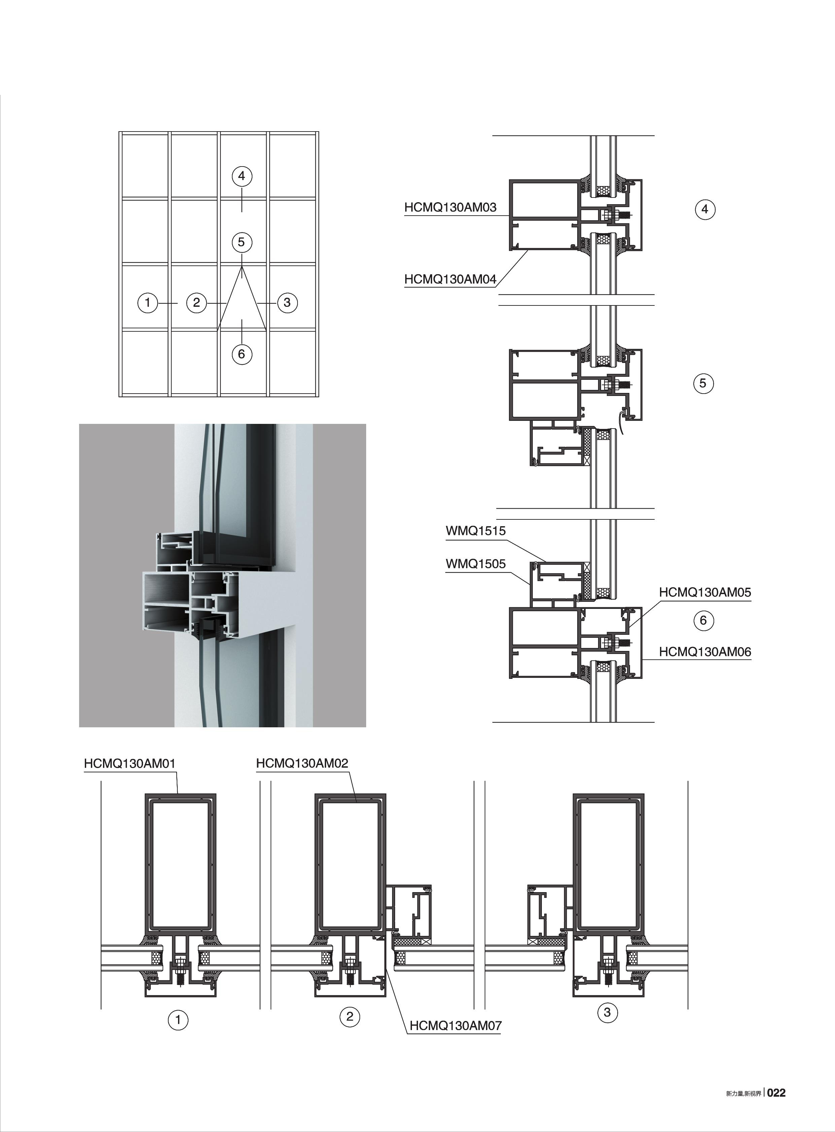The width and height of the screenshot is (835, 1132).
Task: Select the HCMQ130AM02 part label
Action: [302, 777]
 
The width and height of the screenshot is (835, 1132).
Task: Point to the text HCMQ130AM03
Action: [450, 207]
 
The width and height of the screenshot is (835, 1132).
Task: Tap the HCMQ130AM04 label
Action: [450, 279]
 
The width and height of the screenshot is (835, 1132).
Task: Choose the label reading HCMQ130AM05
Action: [705, 592]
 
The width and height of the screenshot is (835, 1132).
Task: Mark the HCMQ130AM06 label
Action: [705, 652]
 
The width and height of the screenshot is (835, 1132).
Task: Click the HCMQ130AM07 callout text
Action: [455, 1026]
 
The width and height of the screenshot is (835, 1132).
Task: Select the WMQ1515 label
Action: [476, 532]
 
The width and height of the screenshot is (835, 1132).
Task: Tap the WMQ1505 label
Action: [476, 564]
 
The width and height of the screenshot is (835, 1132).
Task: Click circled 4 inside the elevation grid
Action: [242, 176]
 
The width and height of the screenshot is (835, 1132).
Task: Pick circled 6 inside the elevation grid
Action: [242, 354]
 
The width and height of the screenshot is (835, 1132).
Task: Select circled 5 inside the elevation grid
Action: [242, 243]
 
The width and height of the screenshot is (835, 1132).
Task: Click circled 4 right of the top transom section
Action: [705, 209]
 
